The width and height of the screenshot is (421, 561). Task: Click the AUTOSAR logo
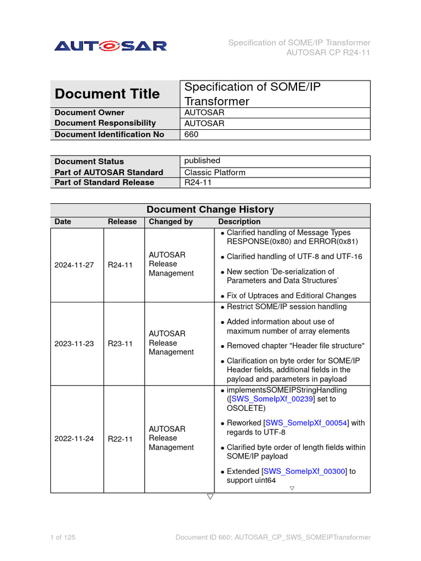coord(110,46)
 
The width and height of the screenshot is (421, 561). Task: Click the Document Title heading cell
coord(107,94)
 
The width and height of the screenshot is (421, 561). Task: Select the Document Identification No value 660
coord(191,134)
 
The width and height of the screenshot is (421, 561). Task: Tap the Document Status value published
coord(202,161)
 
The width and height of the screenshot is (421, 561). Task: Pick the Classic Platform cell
coord(214,172)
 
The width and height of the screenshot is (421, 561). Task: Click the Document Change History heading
coord(210,209)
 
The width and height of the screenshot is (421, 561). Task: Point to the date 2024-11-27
coord(74,265)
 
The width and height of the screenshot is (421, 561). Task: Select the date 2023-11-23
coord(74,344)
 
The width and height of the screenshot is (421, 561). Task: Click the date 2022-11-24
coord(74,438)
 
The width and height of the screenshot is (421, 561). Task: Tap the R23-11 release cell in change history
coord(120,344)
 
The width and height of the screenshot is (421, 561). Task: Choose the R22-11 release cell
coord(120,438)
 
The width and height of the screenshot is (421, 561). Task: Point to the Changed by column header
coord(170,222)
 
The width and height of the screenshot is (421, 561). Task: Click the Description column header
coord(239,222)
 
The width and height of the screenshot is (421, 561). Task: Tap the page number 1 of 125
coord(62,537)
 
